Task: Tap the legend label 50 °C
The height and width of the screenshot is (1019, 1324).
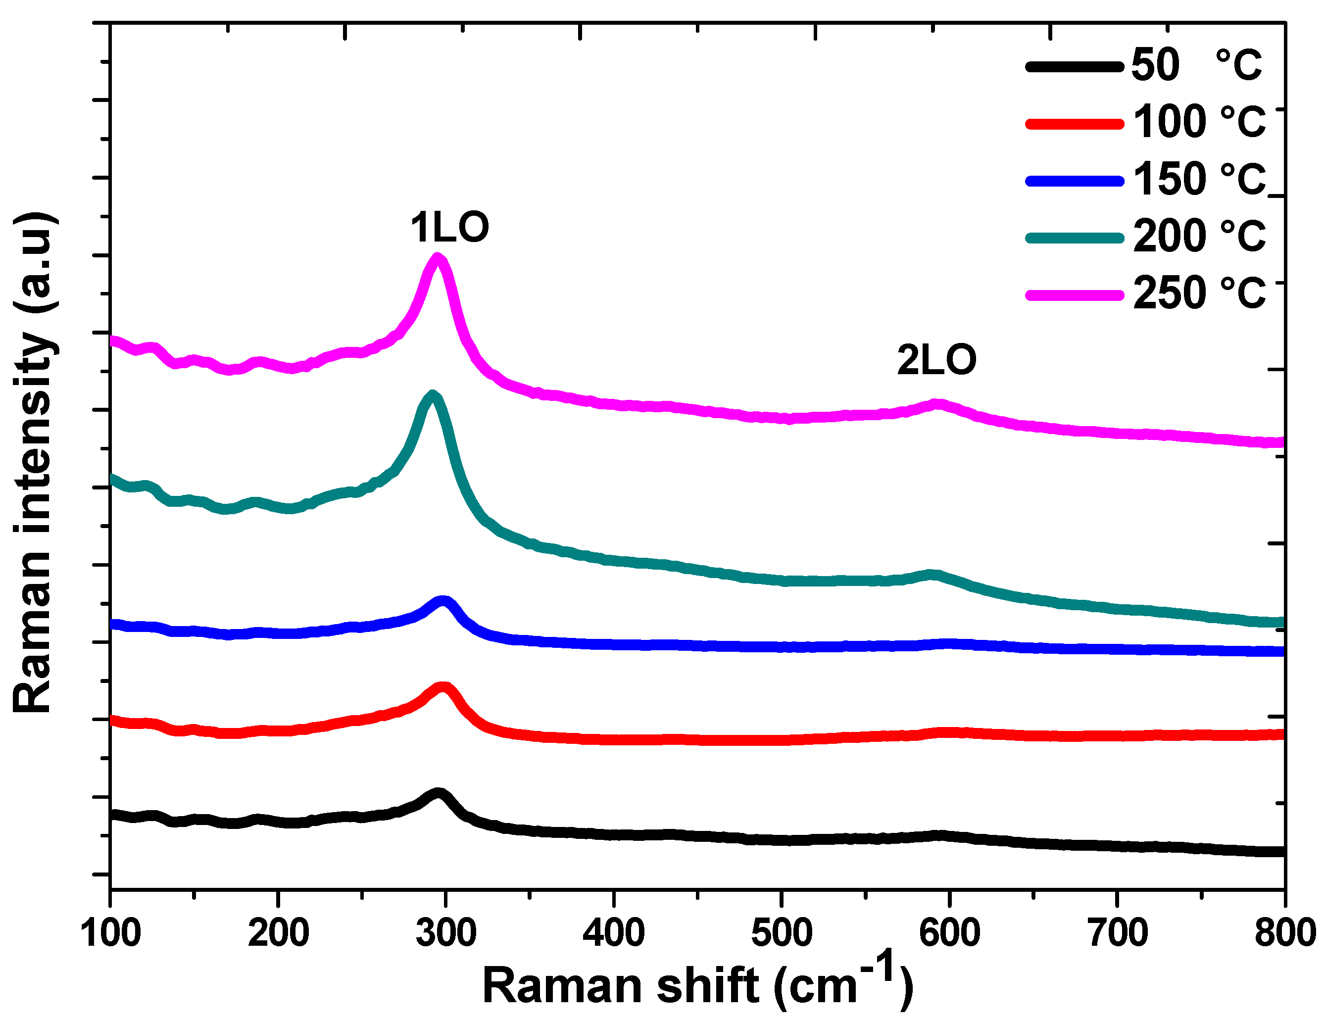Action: pyautogui.click(x=1195, y=64)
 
